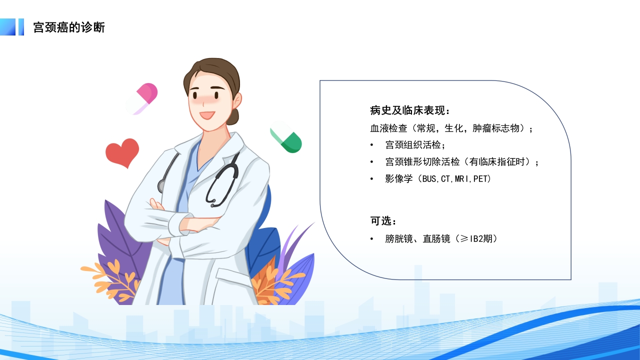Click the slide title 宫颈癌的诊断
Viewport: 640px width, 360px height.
tap(69, 27)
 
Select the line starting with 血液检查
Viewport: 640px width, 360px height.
tap(451, 128)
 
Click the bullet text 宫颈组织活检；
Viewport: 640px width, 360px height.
tap(415, 145)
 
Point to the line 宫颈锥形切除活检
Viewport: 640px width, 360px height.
tap(462, 162)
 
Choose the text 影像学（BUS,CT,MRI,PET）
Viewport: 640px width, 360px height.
tap(438, 178)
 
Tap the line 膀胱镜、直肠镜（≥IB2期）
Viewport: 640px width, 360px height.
tap(441, 239)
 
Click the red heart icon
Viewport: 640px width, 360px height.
tap(122, 152)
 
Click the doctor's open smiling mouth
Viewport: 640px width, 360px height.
tap(207, 115)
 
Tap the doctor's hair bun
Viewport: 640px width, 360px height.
tap(233, 117)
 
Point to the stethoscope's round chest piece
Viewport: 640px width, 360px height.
tap(161, 186)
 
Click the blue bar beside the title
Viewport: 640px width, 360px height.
tap(21, 27)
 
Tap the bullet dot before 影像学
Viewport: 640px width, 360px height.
tap(371, 178)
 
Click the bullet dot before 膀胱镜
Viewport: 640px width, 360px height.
tap(371, 239)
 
